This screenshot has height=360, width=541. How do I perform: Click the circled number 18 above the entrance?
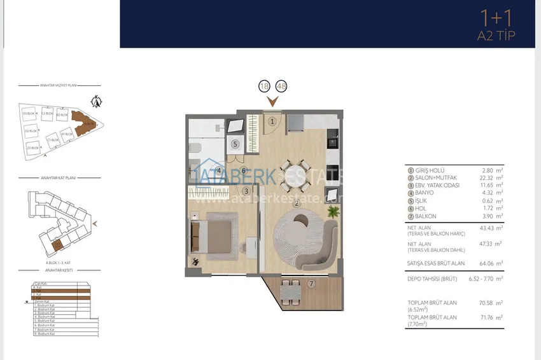265,87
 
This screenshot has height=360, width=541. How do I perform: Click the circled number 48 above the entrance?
281,87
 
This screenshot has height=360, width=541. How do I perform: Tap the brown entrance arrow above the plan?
273,101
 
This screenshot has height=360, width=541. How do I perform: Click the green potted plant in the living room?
332,211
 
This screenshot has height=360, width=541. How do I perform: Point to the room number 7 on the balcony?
311,284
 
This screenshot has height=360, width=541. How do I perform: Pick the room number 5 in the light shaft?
235,144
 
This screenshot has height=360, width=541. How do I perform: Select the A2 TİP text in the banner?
496,36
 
